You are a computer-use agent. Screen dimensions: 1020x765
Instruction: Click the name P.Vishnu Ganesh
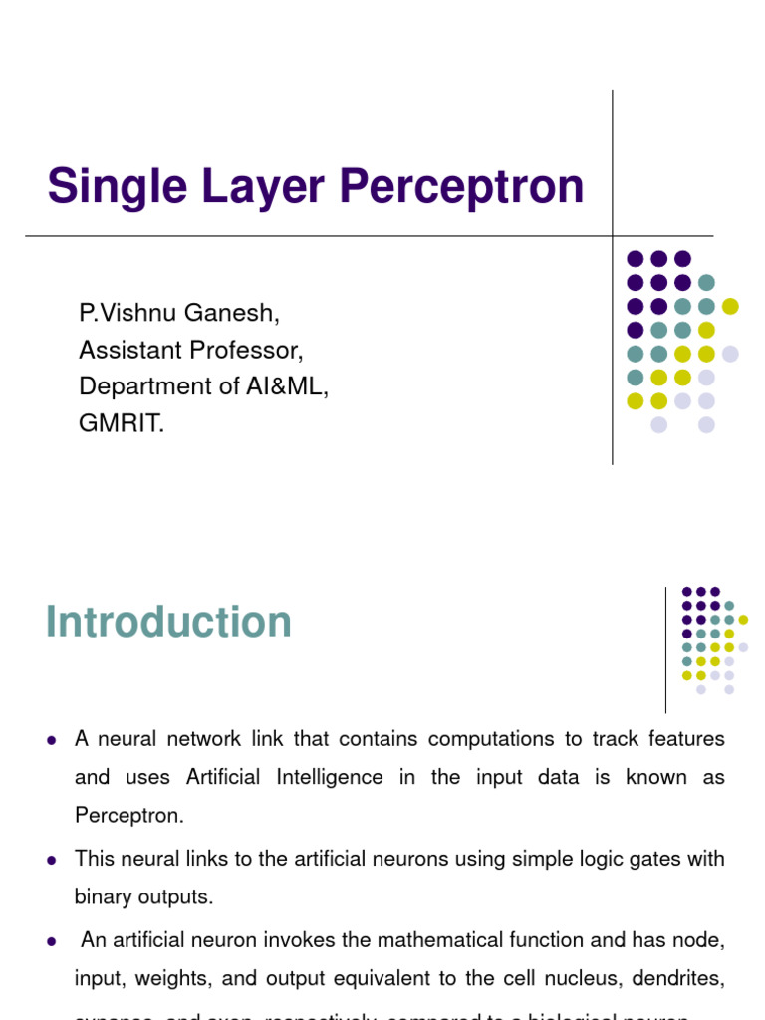point(179,313)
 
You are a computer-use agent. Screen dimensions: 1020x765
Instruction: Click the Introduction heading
point(168,623)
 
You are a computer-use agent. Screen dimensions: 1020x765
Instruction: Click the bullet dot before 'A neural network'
point(51,740)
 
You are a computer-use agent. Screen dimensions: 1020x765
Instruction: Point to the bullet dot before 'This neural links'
point(51,859)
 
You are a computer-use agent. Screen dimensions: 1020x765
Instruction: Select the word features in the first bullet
point(688,739)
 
